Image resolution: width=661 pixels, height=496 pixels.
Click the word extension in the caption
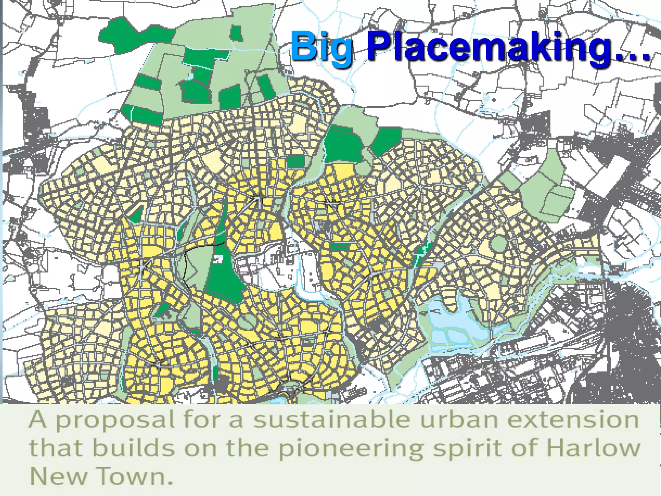click(x=575, y=419)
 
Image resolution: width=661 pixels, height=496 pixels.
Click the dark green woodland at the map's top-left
click(x=129, y=36)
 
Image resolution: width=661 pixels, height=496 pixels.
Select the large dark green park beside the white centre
click(x=224, y=274)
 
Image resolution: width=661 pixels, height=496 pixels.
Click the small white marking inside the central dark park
click(x=218, y=259)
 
